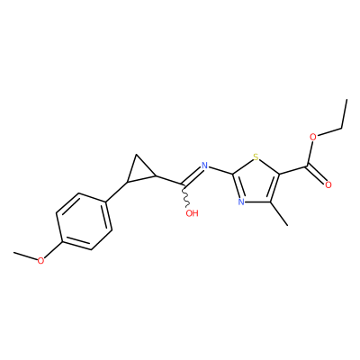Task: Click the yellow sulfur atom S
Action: coord(256,157)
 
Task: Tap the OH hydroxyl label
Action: coord(192,213)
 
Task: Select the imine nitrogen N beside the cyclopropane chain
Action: coord(204,166)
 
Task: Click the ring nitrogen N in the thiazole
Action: coord(241,202)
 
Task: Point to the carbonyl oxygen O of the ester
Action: coord(328,185)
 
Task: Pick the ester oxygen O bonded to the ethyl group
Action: coord(313,138)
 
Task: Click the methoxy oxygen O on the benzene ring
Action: coord(40,261)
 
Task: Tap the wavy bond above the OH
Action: coord(185,195)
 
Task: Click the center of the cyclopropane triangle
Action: coord(139,171)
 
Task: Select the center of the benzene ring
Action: coord(84,221)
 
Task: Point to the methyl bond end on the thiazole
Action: coord(287,225)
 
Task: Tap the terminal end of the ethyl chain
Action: coord(346,100)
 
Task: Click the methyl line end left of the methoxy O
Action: coord(14,253)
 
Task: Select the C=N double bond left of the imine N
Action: coord(192,175)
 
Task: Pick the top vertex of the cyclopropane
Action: coord(137,155)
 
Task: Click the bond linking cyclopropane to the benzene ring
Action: coord(117,192)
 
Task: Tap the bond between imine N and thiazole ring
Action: coord(220,170)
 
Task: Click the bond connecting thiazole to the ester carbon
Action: coord(293,170)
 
